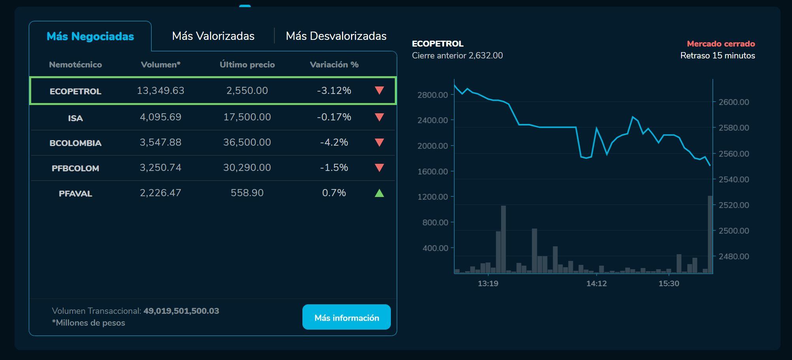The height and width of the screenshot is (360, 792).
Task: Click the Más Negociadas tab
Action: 90,36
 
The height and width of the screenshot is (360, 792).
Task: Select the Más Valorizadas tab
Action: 213,36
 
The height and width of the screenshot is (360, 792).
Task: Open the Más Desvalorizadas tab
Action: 336,36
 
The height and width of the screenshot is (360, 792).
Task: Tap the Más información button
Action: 346,317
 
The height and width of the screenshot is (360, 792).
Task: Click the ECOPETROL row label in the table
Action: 75,91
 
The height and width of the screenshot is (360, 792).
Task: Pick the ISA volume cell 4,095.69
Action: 160,117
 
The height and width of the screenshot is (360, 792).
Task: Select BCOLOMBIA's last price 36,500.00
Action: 247,142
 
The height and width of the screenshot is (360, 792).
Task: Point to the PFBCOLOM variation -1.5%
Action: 334,167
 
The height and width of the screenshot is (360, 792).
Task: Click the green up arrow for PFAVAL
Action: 379,193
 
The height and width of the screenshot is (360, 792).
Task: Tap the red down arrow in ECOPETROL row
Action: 379,90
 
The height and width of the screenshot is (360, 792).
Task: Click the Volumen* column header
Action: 160,65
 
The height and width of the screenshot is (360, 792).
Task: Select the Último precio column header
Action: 247,65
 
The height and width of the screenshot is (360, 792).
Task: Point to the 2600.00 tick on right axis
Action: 734,102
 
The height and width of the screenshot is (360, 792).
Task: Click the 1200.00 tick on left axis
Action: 432,197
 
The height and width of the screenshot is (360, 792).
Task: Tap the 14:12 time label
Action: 596,283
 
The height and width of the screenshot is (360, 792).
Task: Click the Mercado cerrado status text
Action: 721,44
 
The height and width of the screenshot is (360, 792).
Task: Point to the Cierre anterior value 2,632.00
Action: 485,56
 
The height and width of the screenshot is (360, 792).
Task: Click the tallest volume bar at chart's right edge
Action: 710,234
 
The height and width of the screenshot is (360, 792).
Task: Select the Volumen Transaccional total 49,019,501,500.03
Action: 181,311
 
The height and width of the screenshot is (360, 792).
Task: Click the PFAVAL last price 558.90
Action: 247,193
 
